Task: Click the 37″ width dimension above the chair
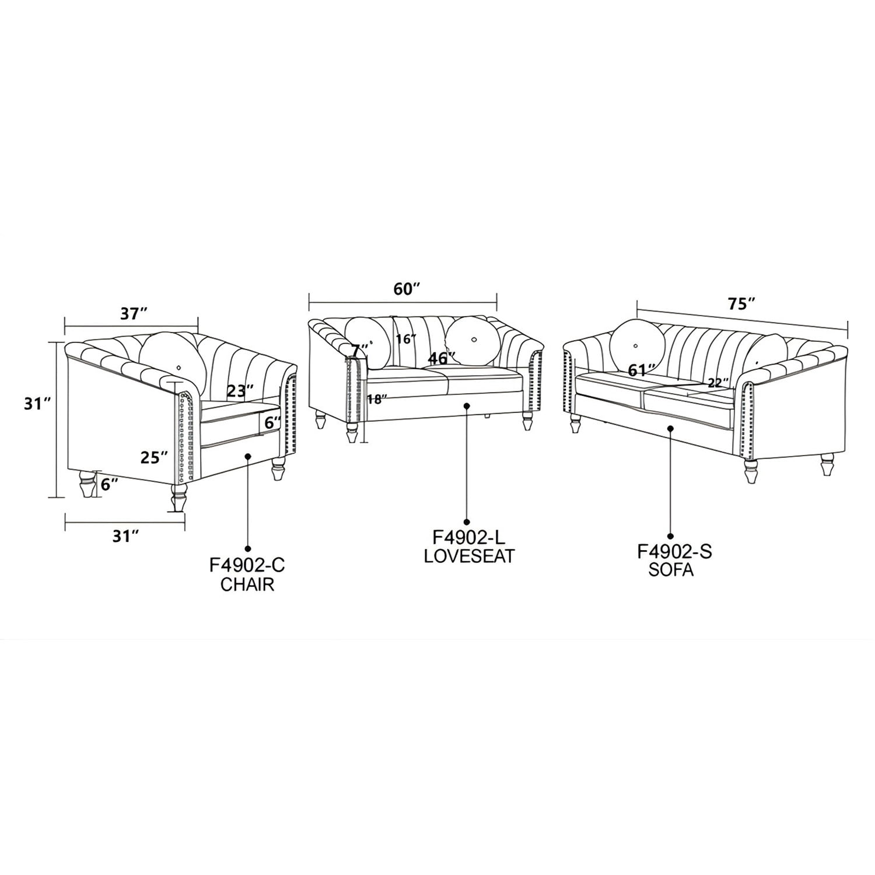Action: (x=133, y=314)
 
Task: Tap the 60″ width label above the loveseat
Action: (x=407, y=289)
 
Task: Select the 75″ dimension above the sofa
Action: (x=742, y=304)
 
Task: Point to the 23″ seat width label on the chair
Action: (x=240, y=390)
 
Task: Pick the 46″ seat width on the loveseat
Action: (x=442, y=358)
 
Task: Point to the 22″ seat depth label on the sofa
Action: (x=718, y=383)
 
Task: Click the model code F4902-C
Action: (x=247, y=566)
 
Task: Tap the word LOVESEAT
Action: (x=470, y=556)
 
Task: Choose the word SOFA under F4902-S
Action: (x=671, y=569)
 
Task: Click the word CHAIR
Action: (x=247, y=584)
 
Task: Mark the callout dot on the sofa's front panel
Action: (x=671, y=428)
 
